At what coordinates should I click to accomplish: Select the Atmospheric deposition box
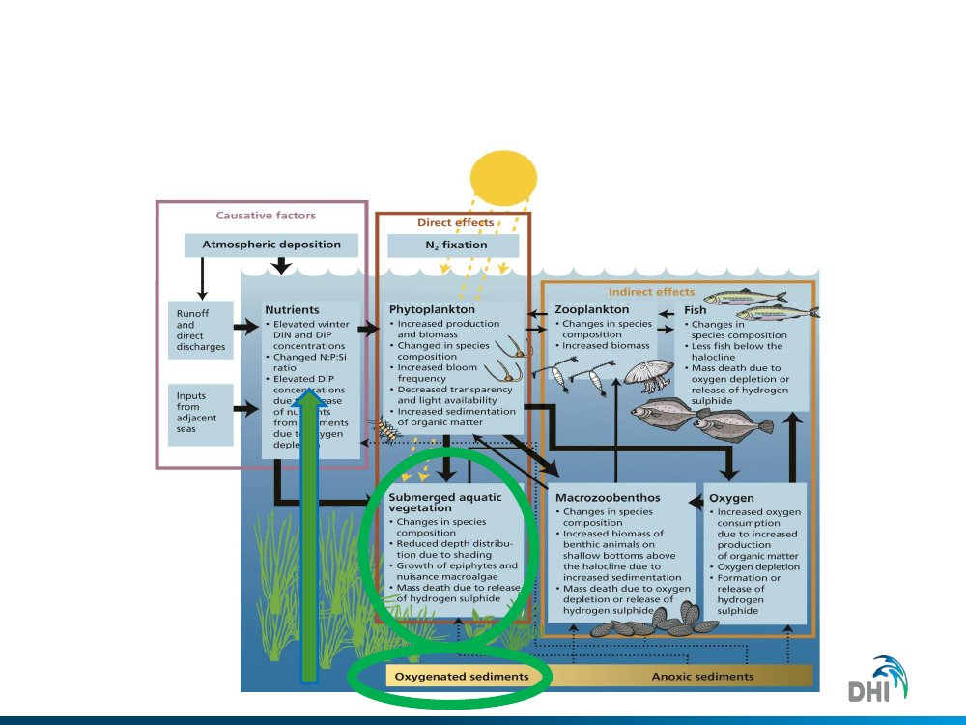point(271,245)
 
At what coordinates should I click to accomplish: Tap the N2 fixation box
point(456,245)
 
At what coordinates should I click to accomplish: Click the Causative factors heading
point(265,216)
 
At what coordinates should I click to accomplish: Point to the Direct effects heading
point(455,222)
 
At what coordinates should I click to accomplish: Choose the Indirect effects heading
point(651,291)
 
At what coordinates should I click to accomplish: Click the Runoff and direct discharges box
point(201,330)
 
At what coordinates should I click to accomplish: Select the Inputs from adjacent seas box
point(201,413)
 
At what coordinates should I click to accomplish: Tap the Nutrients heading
point(292,309)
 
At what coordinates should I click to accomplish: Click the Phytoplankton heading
point(429,309)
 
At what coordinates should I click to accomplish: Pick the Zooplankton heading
point(592,309)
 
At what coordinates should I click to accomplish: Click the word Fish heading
point(695,310)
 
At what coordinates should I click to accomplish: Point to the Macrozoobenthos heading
point(608,497)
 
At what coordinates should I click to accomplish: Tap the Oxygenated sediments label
point(462,676)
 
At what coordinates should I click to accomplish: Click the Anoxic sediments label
point(702,676)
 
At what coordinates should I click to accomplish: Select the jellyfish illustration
point(643,374)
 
